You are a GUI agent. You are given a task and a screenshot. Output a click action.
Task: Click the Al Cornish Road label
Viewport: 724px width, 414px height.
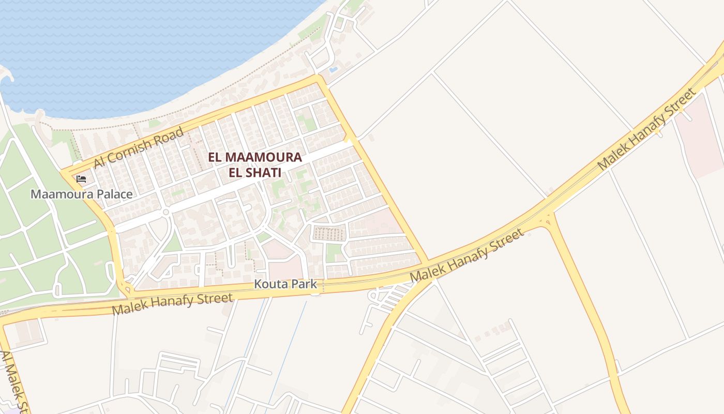pyautogui.click(x=138, y=147)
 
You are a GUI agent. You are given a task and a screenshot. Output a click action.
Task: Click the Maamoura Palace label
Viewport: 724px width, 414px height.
pyautogui.click(x=81, y=195)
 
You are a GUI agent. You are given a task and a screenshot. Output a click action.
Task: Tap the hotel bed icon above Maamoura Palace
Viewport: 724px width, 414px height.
pyautogui.click(x=81, y=179)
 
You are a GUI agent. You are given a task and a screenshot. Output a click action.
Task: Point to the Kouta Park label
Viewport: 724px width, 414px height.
pyautogui.click(x=285, y=284)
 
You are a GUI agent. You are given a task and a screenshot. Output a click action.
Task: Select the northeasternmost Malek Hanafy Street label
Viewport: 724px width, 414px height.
pyautogui.click(x=646, y=129)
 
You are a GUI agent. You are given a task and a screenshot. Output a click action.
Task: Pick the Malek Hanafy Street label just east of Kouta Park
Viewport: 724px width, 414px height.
pyautogui.click(x=467, y=256)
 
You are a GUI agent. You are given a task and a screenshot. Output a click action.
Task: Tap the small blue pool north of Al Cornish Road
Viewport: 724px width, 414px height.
pyautogui.click(x=334, y=69)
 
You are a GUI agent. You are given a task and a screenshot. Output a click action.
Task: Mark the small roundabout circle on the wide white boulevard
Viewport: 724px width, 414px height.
pyautogui.click(x=166, y=212)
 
